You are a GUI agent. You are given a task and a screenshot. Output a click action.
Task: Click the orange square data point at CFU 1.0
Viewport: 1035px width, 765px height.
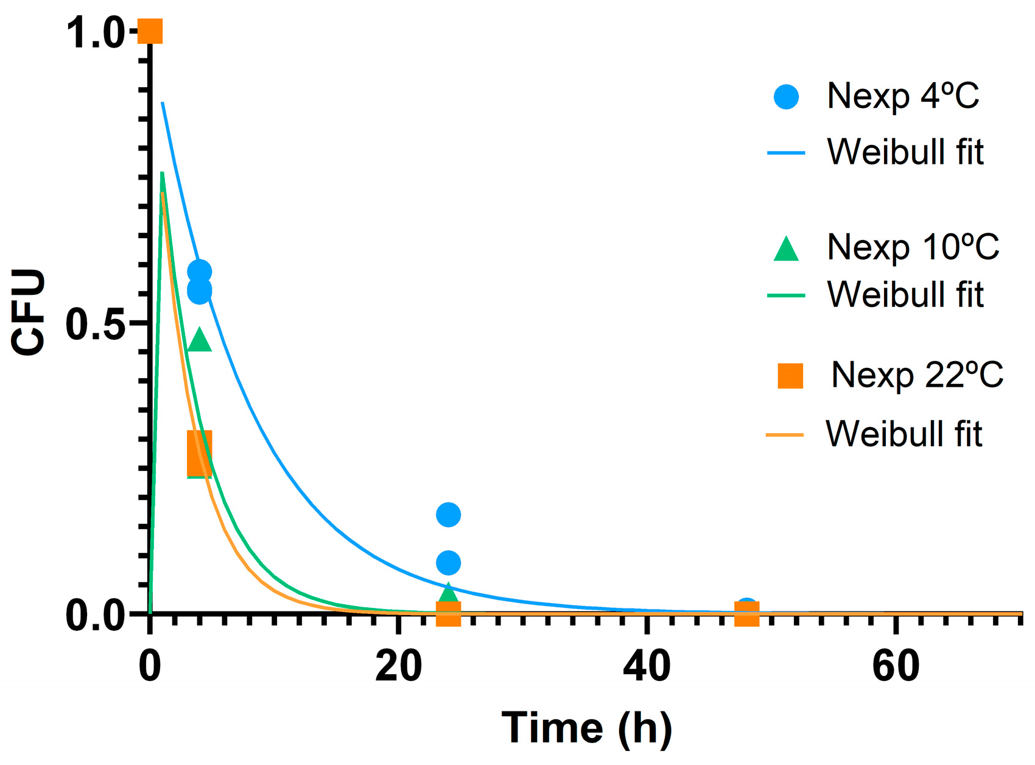[150, 32]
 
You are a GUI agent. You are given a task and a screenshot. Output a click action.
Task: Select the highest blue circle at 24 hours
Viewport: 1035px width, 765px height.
[449, 515]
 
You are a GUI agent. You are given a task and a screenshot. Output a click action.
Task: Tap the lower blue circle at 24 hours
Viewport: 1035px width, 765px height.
[449, 563]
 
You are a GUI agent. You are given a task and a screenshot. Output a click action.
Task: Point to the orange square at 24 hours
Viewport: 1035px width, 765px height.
[449, 613]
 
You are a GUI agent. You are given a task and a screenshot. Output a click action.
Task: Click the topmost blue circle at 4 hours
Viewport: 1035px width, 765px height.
[200, 272]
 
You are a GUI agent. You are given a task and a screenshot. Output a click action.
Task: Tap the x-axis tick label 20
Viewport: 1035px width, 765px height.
[398, 666]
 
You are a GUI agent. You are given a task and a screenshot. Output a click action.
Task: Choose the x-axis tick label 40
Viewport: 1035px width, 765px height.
[647, 666]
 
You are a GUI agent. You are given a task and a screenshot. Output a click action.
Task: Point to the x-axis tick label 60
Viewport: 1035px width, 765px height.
[895, 666]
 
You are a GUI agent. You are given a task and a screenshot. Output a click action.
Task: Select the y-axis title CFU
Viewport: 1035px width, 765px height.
[29, 312]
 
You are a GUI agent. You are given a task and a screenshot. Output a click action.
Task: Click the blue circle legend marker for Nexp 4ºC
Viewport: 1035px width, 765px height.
[786, 97]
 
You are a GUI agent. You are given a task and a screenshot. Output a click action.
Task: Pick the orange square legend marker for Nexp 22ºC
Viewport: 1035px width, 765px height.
[790, 376]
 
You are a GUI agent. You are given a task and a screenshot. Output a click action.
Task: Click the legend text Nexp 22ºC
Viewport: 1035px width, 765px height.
[917, 375]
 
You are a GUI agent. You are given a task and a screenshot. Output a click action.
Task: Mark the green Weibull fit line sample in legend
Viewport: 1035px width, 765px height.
[786, 295]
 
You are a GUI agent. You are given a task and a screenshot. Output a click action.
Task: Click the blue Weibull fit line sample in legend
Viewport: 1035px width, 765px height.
[786, 152]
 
